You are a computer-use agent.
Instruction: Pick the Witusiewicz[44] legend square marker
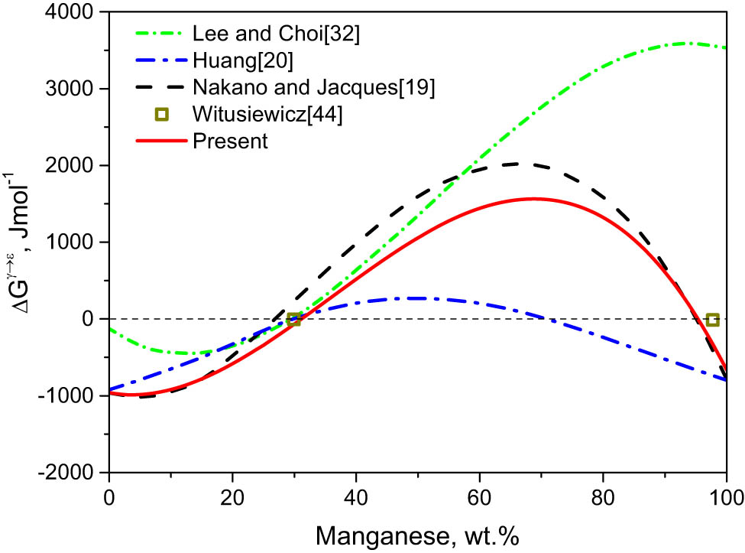tap(161, 115)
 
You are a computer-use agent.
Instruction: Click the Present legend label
tap(230, 142)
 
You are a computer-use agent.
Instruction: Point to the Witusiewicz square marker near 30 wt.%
tap(294, 319)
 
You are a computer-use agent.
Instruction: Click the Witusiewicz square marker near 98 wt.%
tap(712, 319)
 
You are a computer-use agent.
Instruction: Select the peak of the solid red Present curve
tap(533, 199)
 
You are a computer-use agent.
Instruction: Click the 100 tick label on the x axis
tap(725, 494)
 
